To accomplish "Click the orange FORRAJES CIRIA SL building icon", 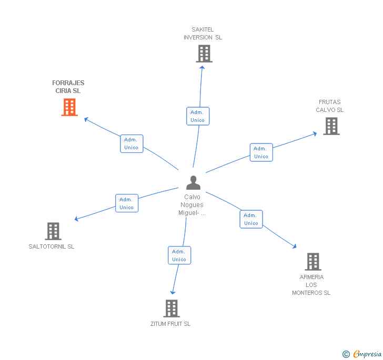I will [69, 107].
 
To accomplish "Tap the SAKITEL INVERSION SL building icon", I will [204, 54].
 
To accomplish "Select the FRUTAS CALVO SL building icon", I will [331, 126].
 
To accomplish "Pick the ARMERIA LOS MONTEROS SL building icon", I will [313, 261].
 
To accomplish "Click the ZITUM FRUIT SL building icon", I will [171, 308].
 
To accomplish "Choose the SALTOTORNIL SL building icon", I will [53, 231].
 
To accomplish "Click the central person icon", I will [193, 183].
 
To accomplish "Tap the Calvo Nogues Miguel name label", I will [192, 205].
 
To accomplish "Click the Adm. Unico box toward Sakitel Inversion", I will [198, 116].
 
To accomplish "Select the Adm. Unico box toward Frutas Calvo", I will [261, 152].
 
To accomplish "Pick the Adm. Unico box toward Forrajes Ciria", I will [131, 143].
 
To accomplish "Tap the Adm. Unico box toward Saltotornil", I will [126, 203].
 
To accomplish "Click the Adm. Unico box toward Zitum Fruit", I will [179, 255].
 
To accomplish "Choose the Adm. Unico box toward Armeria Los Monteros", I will [251, 219].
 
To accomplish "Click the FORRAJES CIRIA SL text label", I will [68, 87].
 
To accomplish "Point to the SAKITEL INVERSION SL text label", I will [203, 34].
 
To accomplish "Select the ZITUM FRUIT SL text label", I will [170, 324].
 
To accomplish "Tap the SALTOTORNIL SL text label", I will [52, 246].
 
